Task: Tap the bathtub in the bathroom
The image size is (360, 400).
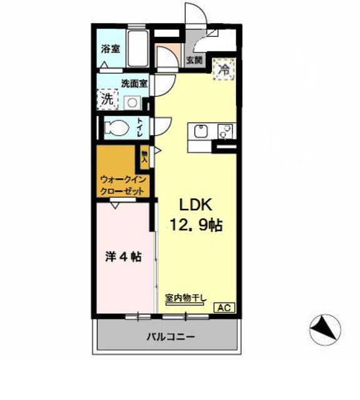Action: coord(137,49)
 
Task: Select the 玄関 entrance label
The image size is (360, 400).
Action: coord(194,61)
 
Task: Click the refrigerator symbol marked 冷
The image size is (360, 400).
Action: coord(223,68)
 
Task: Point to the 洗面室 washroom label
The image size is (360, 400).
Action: coord(134,83)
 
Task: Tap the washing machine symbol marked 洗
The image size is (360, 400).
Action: coord(107,99)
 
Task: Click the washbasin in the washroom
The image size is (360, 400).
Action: coord(132,102)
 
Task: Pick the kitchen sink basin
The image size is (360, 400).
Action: coord(201,132)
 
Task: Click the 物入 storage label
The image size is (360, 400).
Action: coord(144,156)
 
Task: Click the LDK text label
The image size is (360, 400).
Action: coord(197,204)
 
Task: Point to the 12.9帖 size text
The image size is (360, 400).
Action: coord(196,224)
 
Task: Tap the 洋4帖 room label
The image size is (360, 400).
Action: coord(122,257)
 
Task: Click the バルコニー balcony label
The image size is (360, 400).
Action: coord(171,337)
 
